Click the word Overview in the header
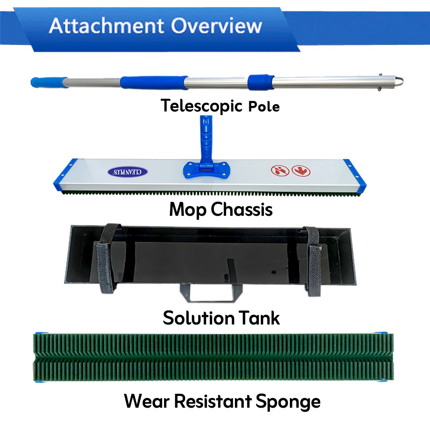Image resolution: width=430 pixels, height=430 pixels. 217,26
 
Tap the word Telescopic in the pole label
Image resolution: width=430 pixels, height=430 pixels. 202,106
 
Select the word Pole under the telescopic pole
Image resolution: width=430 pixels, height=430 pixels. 264,106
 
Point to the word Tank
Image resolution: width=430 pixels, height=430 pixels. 258,318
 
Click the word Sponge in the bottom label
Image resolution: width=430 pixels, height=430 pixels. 288,401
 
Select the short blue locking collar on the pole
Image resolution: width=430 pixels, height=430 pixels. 261,82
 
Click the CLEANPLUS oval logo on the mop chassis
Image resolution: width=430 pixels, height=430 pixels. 128,172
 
